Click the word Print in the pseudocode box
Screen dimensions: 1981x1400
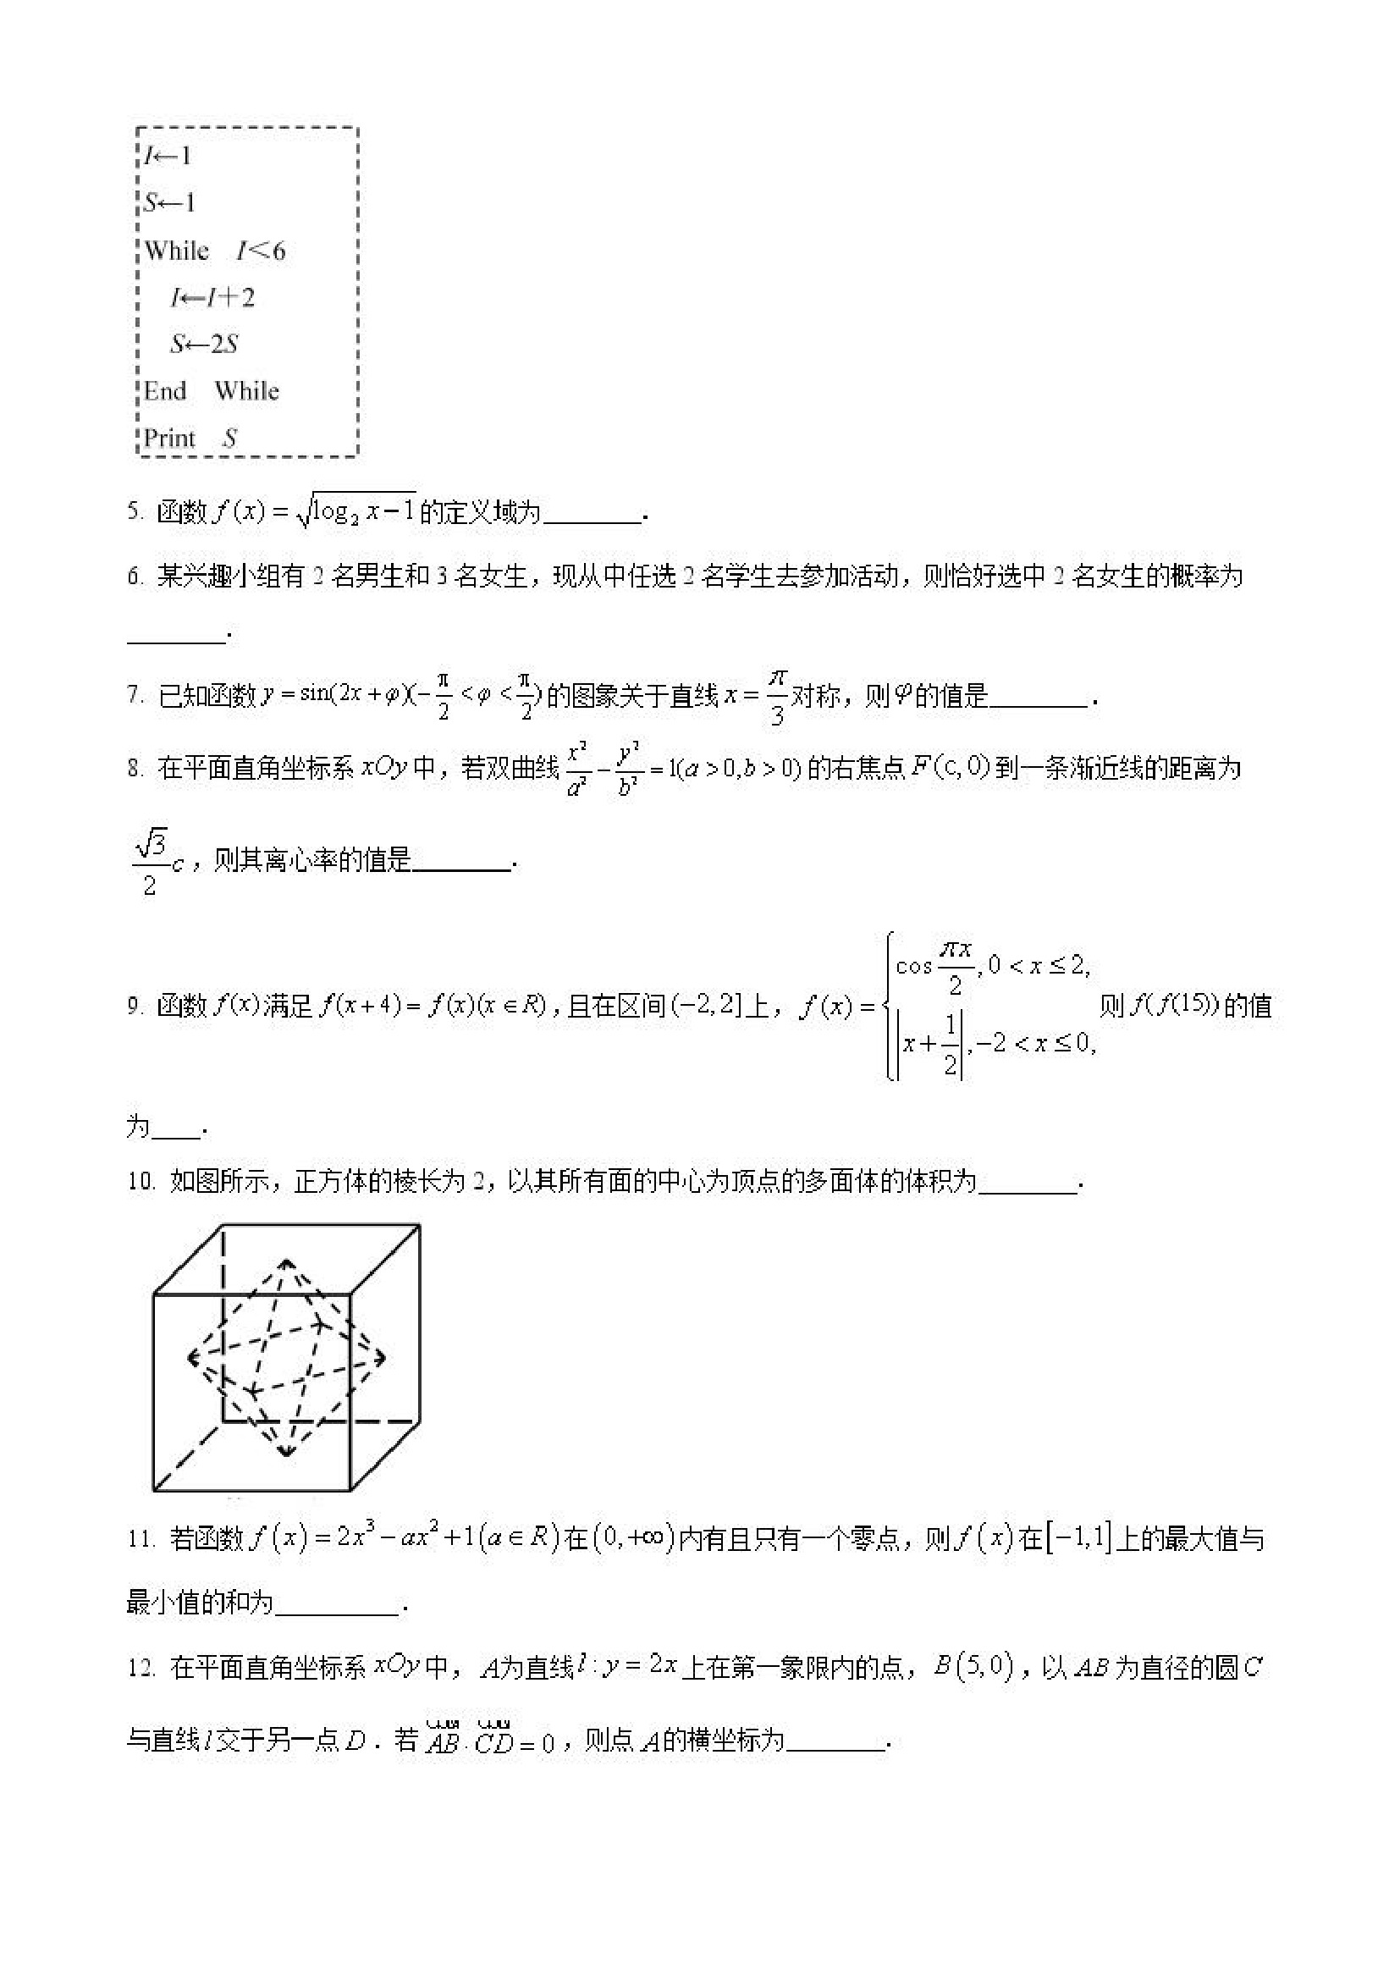(169, 438)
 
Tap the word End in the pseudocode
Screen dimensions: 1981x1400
(165, 391)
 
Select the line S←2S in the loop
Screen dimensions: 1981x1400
(204, 345)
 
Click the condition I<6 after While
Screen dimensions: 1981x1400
(261, 251)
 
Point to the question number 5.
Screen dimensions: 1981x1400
(135, 511)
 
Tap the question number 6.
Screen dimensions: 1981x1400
(135, 577)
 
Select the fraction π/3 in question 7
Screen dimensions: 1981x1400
(776, 696)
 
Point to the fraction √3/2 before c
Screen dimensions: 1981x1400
(150, 861)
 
